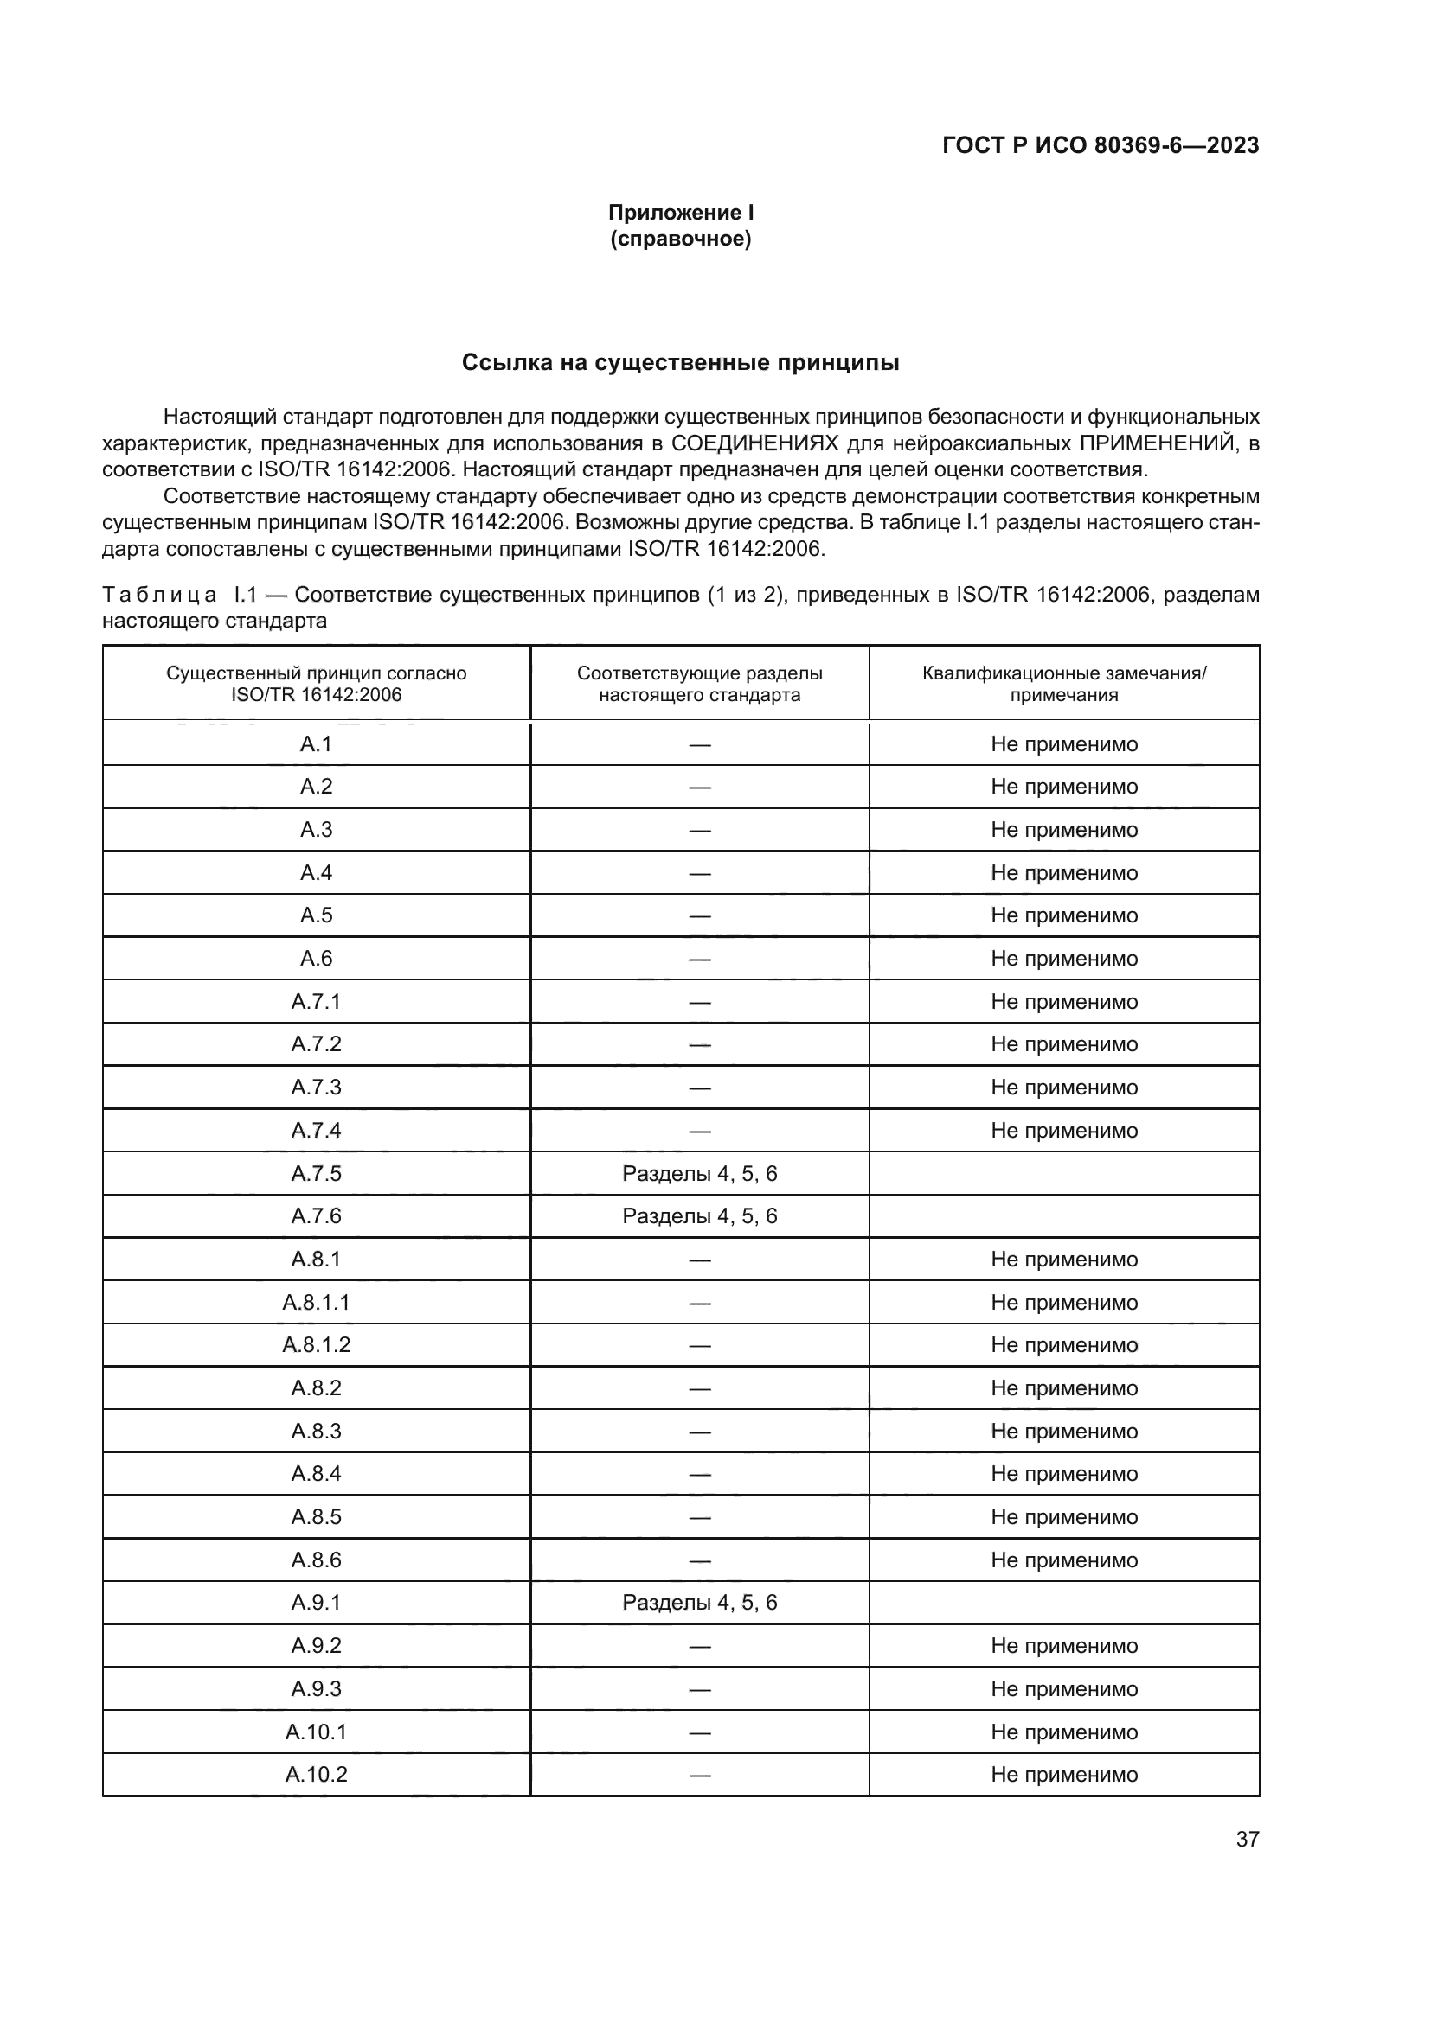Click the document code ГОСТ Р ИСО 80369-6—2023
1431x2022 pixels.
coord(1100,146)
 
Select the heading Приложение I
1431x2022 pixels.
coord(680,213)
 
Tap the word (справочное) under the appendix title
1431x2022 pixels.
coord(680,239)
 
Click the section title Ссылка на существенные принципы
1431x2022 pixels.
coord(680,363)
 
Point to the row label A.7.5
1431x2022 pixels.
coord(316,1173)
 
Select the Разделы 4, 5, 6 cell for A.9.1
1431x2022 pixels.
coord(700,1602)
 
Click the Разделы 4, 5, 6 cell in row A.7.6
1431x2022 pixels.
coord(700,1216)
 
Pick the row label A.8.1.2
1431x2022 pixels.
coord(316,1345)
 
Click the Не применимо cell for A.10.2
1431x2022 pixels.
coord(1063,1774)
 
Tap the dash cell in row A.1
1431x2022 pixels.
coord(700,744)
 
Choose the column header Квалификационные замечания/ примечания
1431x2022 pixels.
coord(1063,684)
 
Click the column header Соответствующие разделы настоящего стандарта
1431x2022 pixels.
coord(700,684)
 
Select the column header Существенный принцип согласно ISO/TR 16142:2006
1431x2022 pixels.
coord(316,684)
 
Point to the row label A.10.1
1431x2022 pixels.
coord(316,1732)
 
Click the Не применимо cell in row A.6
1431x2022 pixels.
coord(1063,958)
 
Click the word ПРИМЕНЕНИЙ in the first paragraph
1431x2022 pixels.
coord(1153,443)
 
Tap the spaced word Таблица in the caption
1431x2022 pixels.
coord(159,595)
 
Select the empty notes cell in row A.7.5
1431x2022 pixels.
coord(1063,1173)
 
